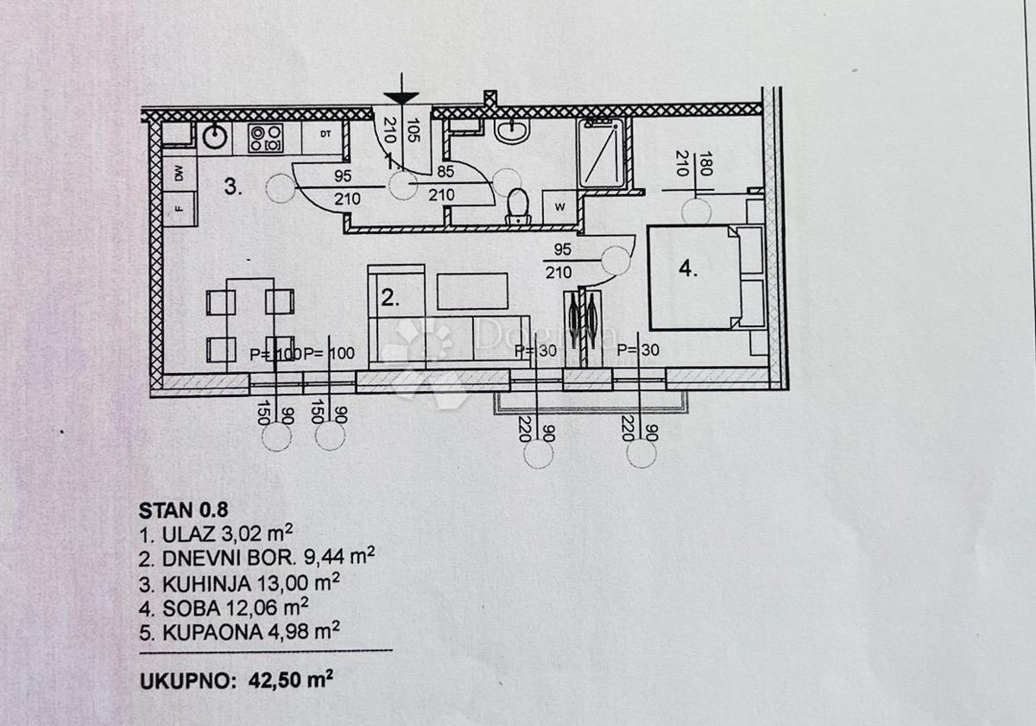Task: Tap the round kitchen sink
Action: [213, 135]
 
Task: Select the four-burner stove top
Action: [265, 138]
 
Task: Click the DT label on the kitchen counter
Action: [325, 135]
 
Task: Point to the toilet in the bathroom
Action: [517, 205]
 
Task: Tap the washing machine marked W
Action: [559, 206]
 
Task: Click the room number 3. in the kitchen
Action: [233, 186]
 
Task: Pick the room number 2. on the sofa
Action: [390, 299]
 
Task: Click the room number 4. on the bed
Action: [687, 269]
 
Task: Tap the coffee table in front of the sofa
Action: [472, 291]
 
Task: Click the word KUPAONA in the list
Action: [196, 631]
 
